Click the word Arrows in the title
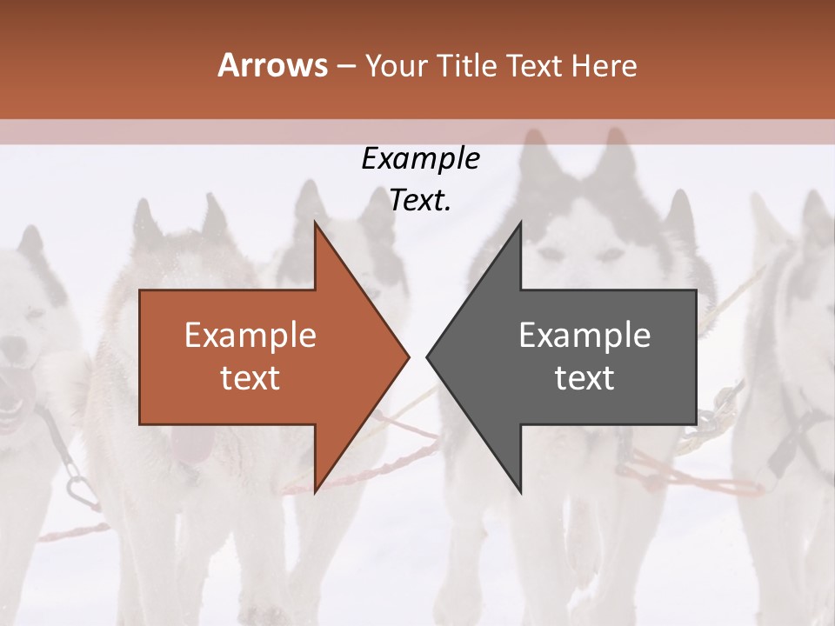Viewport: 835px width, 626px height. point(272,65)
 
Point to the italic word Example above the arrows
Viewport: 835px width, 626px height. point(420,158)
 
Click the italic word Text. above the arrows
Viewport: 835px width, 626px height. point(420,200)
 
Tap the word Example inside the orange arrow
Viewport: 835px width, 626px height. point(250,336)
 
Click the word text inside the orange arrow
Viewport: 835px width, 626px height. point(250,377)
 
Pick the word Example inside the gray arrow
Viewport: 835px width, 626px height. point(584,336)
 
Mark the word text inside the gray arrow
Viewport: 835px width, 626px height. point(584,377)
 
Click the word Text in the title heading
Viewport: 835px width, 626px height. point(533,65)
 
